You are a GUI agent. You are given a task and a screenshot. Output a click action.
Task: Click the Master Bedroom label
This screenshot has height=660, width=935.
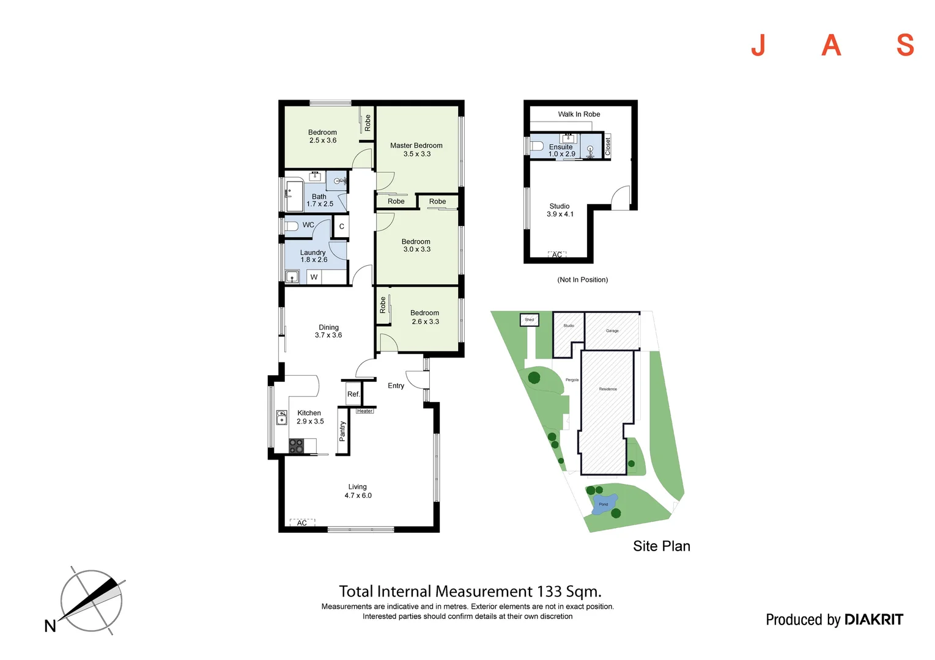pos(416,145)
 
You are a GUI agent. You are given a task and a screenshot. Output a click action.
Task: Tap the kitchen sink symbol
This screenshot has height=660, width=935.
pos(281,417)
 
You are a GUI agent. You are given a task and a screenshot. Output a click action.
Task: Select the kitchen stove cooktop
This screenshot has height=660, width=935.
pos(296,446)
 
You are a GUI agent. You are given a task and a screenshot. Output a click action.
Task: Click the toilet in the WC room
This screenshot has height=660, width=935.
pos(292,226)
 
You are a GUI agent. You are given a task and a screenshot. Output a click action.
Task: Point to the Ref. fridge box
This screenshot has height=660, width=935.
pos(353,394)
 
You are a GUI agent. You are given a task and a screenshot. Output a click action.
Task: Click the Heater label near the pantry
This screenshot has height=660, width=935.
pos(365,411)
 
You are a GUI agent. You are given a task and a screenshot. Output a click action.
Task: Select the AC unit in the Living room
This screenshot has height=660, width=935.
pos(302,522)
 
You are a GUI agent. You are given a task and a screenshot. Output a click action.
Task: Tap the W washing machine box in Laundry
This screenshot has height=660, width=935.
pos(314,277)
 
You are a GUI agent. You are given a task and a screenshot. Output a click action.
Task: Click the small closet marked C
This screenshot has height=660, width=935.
pos(341,226)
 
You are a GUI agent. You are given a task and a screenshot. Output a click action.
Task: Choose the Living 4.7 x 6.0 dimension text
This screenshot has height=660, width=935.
pos(358,496)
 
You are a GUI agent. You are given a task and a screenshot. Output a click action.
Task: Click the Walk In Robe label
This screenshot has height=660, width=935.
pos(578,114)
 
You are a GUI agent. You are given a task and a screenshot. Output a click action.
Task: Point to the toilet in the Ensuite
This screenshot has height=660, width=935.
pos(538,146)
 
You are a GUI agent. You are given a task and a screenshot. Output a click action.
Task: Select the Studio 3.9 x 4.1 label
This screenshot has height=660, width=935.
pos(560,210)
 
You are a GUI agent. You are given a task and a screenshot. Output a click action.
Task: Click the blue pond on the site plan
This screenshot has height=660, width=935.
pos(604,504)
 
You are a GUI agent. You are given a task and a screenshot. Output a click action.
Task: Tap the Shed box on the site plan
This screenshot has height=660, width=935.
pos(530,320)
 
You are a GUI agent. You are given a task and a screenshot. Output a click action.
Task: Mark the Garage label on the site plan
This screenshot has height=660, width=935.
pos(612,331)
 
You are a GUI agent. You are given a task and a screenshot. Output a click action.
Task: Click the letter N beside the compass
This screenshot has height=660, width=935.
pos(50,626)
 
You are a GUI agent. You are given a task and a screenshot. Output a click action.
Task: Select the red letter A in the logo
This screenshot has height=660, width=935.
pos(831,45)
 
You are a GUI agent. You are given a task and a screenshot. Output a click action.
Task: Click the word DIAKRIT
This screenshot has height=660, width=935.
pos(873,620)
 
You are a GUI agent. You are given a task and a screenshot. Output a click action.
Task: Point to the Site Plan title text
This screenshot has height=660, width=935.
pos(661,546)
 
